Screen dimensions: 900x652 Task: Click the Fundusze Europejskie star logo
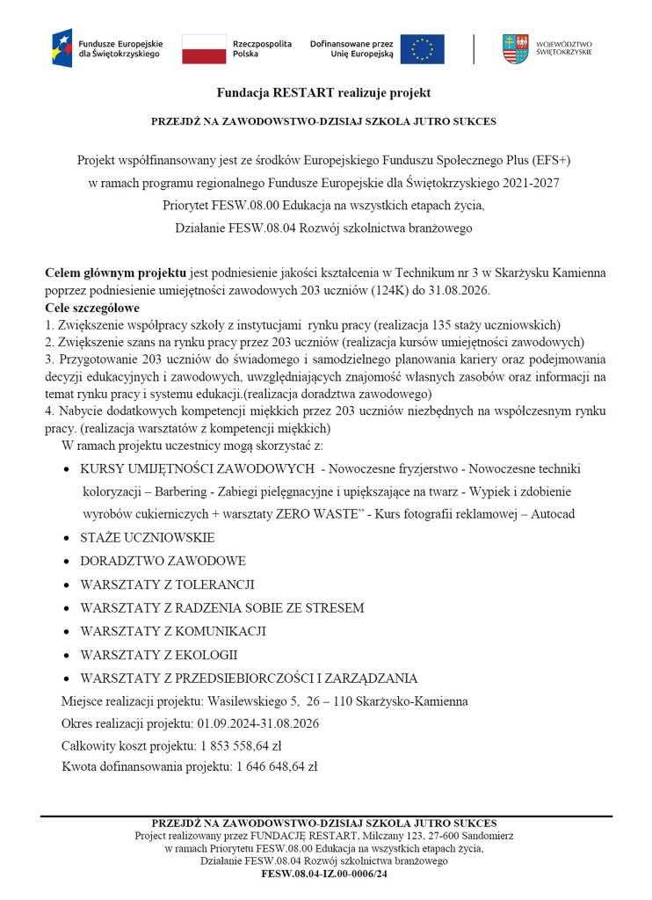(62, 47)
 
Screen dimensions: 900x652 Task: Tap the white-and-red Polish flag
(204, 48)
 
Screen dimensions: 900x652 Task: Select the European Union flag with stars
(422, 48)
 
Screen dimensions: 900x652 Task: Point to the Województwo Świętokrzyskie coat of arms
(515, 47)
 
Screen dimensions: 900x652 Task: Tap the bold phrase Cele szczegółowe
(92, 308)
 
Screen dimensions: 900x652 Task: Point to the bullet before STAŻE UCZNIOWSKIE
(68, 538)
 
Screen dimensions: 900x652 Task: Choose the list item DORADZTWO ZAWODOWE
(163, 561)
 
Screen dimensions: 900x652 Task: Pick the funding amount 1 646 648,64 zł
(277, 766)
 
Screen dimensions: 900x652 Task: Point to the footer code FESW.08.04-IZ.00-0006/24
(324, 875)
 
